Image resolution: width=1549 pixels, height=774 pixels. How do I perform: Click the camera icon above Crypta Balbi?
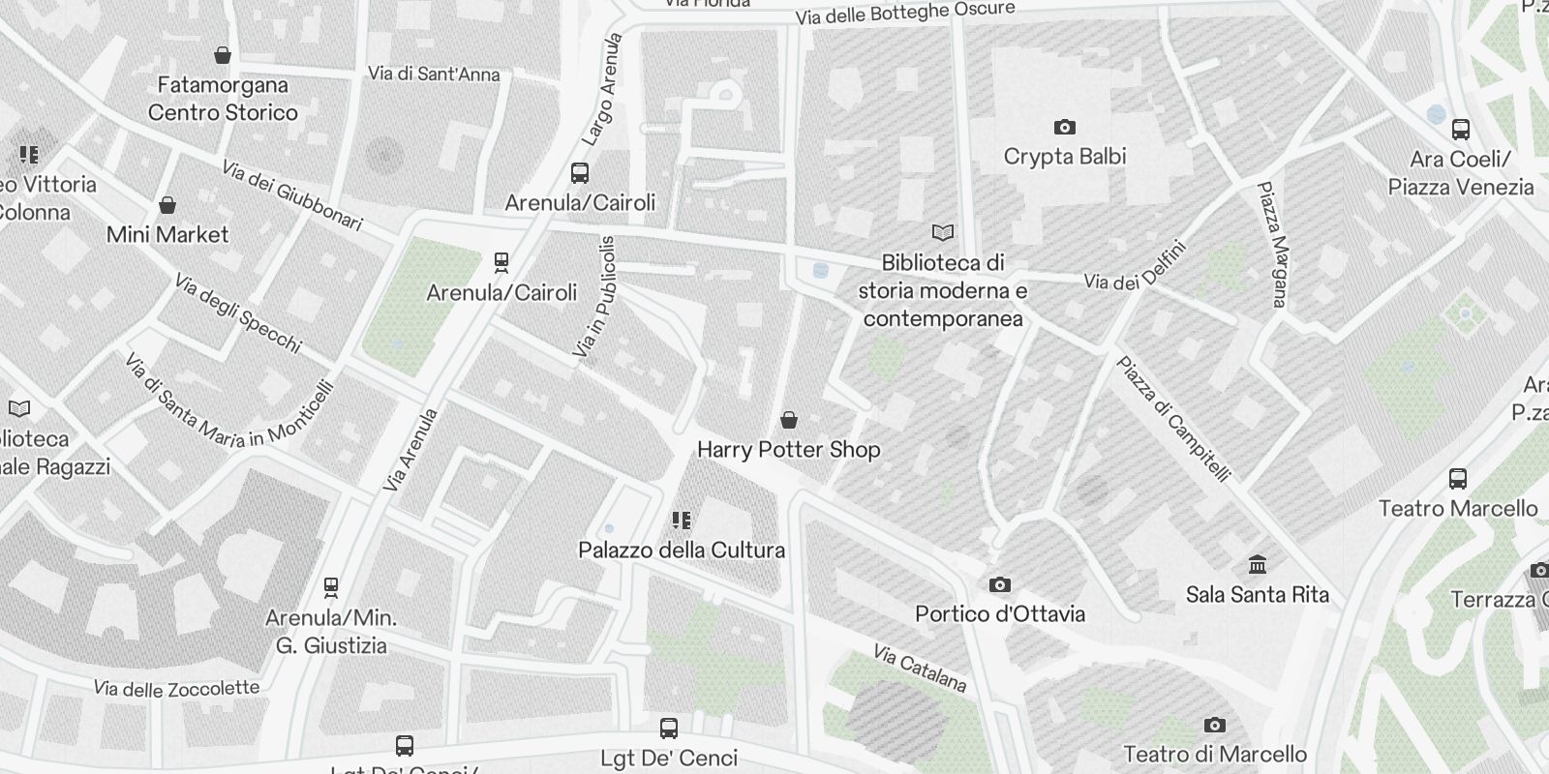pyautogui.click(x=1064, y=127)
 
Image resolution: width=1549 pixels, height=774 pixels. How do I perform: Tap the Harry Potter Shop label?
pyautogui.click(x=788, y=449)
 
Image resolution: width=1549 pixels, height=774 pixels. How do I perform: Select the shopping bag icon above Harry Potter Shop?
pyautogui.click(x=789, y=420)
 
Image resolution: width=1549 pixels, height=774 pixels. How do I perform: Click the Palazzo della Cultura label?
pyautogui.click(x=682, y=550)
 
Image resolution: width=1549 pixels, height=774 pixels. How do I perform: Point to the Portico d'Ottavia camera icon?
pyautogui.click(x=1000, y=584)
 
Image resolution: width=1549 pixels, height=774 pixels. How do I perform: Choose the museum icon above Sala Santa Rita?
pyautogui.click(x=1258, y=564)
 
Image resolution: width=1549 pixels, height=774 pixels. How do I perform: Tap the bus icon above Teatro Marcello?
pyautogui.click(x=1457, y=478)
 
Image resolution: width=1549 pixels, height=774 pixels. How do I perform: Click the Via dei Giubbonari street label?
pyautogui.click(x=291, y=196)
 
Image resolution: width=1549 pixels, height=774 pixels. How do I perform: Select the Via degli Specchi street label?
pyautogui.click(x=238, y=313)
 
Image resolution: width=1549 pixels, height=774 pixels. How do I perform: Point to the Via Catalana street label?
pyautogui.click(x=920, y=669)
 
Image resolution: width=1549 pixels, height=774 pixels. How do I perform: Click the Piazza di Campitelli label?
pyautogui.click(x=1173, y=419)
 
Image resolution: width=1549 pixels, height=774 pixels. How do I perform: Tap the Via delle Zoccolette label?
pyautogui.click(x=176, y=688)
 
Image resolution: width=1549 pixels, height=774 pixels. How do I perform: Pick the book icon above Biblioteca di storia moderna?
pyautogui.click(x=942, y=232)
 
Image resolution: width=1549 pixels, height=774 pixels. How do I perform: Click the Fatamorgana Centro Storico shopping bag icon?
pyautogui.click(x=223, y=55)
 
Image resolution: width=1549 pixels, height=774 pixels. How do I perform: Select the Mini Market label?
pyautogui.click(x=167, y=234)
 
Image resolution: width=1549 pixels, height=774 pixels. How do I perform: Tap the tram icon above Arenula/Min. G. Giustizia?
pyautogui.click(x=331, y=586)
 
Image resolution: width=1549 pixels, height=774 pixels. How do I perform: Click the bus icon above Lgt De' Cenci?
pyautogui.click(x=668, y=728)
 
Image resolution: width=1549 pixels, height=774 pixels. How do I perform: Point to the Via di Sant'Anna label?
pyautogui.click(x=434, y=74)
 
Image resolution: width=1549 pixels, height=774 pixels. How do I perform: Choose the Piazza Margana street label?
pyautogui.click(x=1272, y=244)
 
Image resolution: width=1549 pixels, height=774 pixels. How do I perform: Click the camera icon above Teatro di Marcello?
pyautogui.click(x=1214, y=725)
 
